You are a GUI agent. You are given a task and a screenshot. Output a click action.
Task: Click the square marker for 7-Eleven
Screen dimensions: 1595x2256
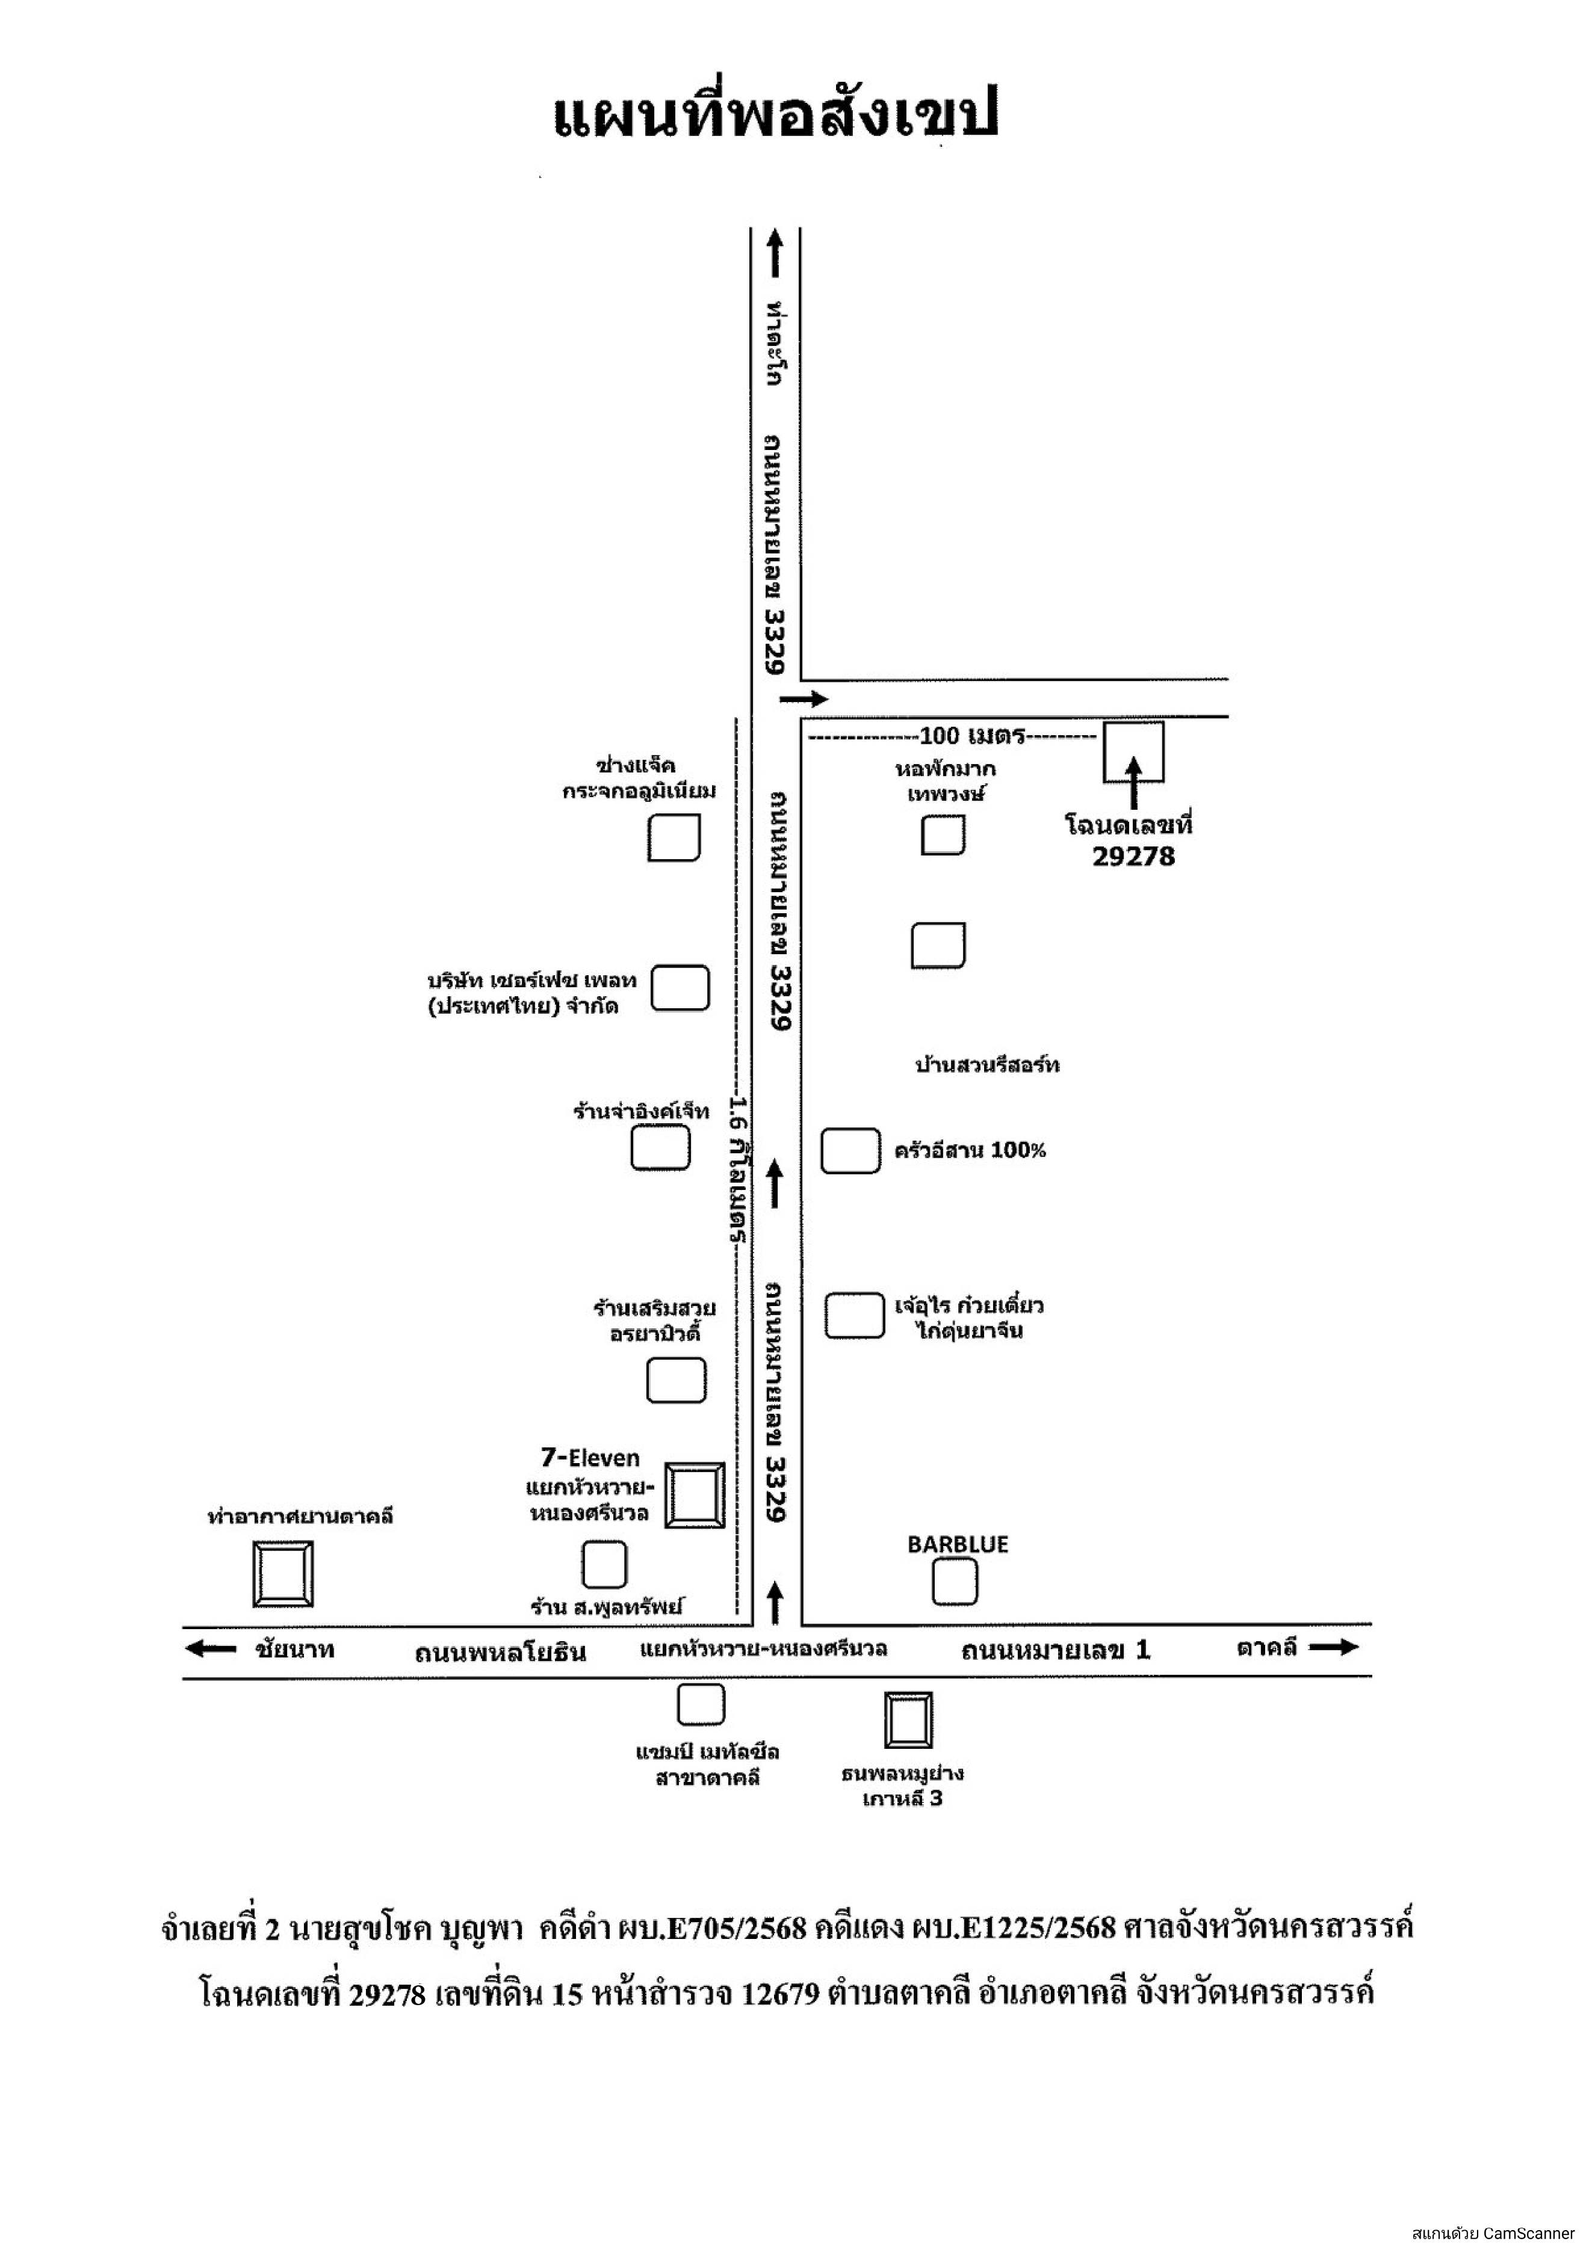click(x=695, y=1496)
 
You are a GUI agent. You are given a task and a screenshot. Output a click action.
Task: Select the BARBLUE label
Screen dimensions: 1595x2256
click(x=957, y=1545)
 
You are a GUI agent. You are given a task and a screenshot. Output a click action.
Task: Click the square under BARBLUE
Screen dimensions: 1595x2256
click(x=954, y=1583)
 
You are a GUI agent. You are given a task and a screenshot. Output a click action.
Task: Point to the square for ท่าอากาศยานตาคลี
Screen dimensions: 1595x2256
click(x=283, y=1574)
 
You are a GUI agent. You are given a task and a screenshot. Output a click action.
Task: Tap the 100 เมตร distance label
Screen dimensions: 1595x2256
click(x=972, y=736)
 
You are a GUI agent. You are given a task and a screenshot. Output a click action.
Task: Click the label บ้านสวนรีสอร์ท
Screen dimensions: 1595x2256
click(x=986, y=1065)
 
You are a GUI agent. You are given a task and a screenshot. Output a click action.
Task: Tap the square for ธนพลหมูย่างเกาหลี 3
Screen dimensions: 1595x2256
click(x=908, y=1719)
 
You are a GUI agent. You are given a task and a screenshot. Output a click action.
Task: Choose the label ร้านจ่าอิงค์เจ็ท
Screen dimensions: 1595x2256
click(x=641, y=1111)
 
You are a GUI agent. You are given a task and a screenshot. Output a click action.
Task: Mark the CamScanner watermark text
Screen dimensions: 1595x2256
click(x=1494, y=2233)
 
